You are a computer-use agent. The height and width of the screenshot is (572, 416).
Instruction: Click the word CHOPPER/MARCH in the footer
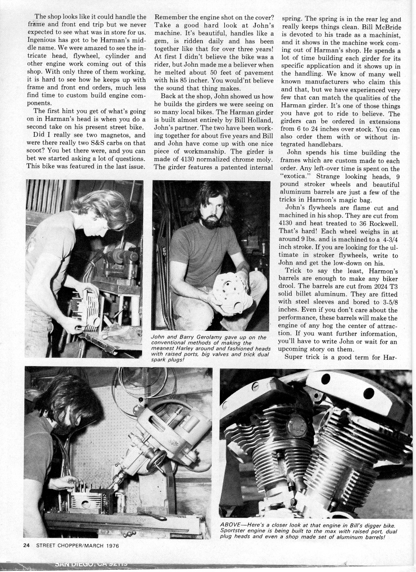[83, 545]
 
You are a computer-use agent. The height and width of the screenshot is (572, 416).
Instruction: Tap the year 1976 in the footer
[111, 545]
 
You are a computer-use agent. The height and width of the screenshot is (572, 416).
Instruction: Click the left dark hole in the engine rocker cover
[326, 379]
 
